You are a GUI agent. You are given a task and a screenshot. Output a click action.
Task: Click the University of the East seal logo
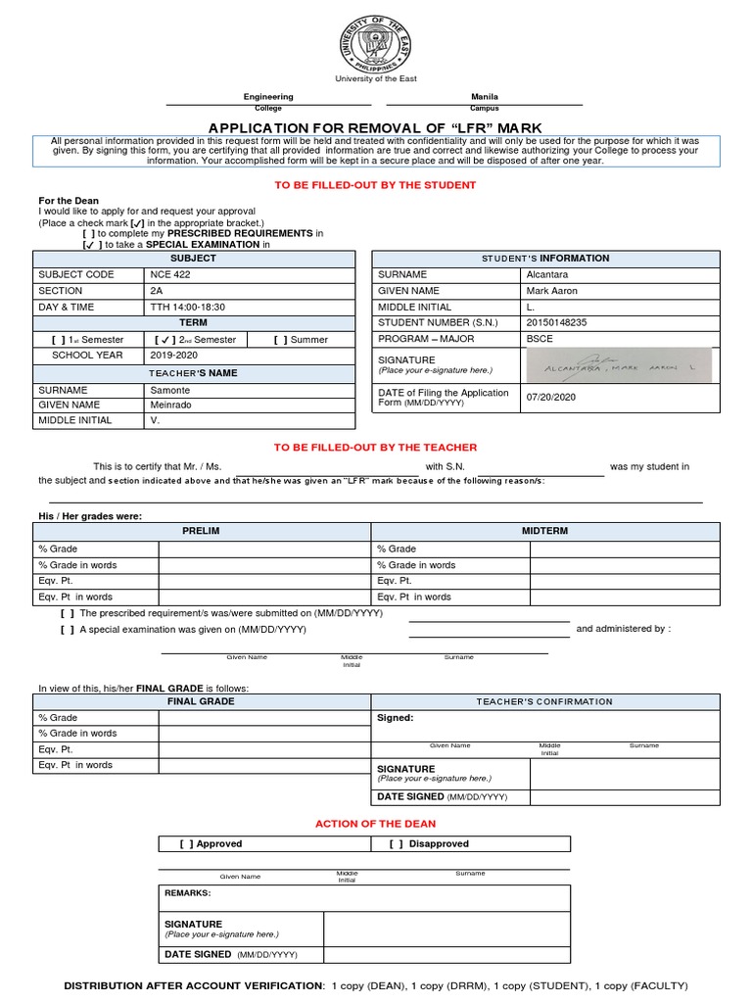(376, 42)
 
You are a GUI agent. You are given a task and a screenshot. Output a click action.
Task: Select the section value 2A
(157, 291)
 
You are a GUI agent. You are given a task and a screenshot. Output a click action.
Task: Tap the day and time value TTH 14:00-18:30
(187, 307)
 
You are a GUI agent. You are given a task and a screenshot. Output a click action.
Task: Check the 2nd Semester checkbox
(165, 340)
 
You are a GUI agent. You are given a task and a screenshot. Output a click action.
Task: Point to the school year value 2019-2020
(176, 356)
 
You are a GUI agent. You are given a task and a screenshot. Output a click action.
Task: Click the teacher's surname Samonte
(171, 389)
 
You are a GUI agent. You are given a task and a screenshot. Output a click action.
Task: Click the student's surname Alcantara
(546, 275)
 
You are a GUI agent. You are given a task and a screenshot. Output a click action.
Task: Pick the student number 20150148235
(556, 322)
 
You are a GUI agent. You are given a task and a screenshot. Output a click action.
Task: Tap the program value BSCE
(540, 339)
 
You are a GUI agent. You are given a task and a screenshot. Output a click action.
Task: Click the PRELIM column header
(201, 531)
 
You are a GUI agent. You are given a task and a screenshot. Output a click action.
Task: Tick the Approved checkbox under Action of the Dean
(186, 844)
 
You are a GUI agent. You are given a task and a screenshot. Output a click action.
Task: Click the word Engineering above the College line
(268, 97)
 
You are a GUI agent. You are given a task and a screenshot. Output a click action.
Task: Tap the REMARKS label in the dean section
(188, 893)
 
